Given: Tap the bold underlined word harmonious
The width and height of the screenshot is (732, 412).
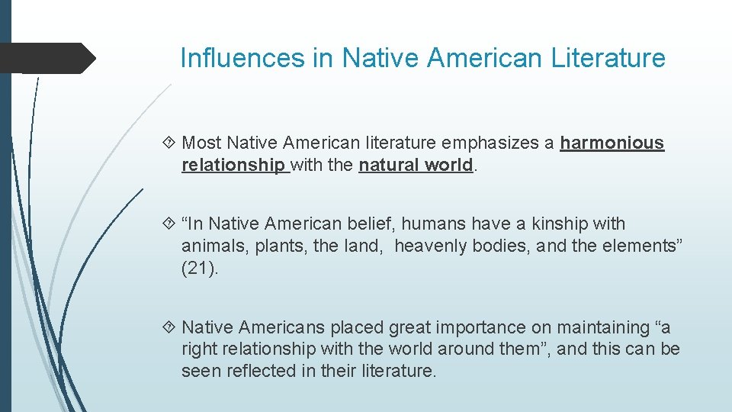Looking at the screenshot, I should click(612, 143).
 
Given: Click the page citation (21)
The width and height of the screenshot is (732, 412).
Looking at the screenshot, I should click(200, 269).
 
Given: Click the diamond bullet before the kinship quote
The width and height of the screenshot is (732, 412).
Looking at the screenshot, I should click(171, 224).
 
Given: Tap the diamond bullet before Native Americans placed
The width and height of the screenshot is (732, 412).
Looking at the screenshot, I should click(171, 328).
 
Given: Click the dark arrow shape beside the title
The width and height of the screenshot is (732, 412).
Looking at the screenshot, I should click(47, 58).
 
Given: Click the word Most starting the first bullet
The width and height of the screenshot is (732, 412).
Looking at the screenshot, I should click(202, 143).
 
